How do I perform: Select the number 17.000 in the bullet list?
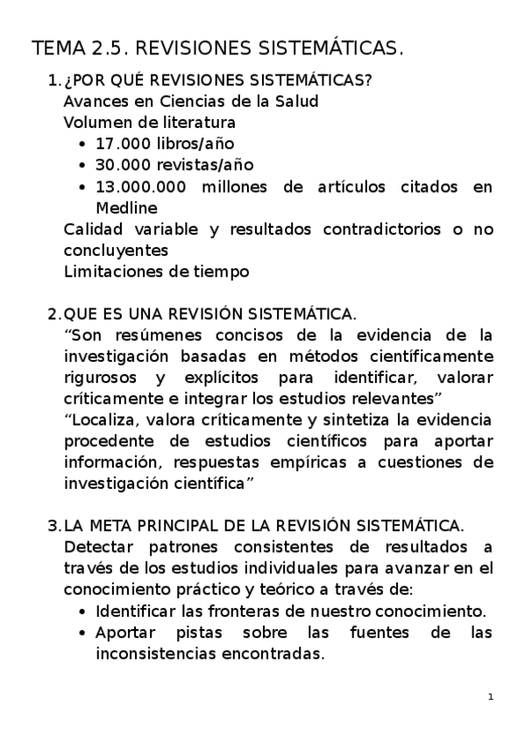tap(124, 143)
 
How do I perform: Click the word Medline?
tap(126, 208)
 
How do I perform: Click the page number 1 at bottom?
tap(492, 697)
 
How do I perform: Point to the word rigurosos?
tap(101, 378)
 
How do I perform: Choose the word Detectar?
tap(98, 547)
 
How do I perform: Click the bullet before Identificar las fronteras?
tap(82, 611)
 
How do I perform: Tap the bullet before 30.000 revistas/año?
tap(82, 165)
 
